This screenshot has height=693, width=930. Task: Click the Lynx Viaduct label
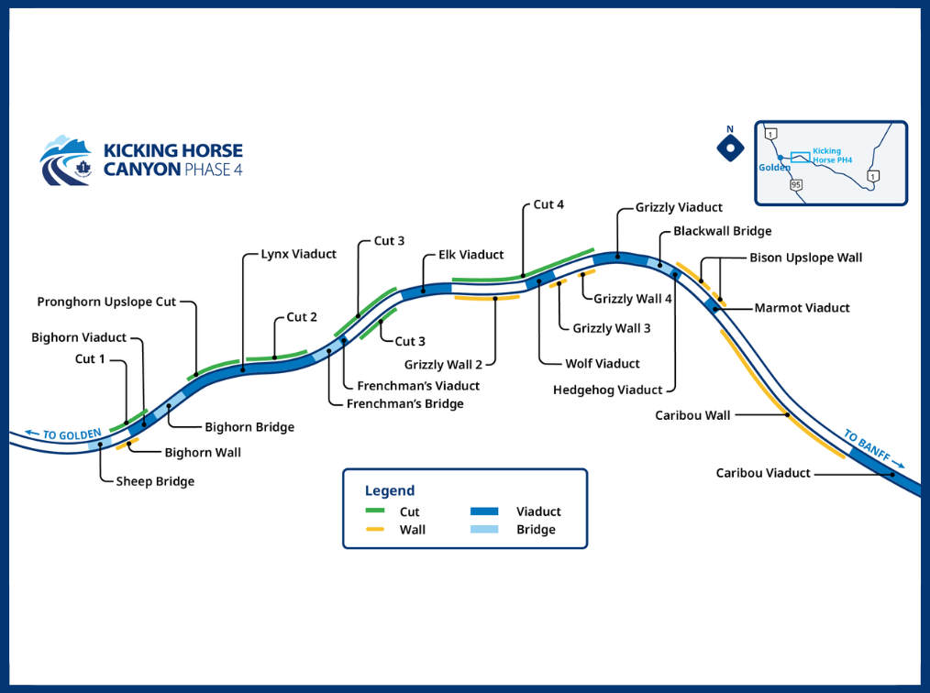click(x=299, y=254)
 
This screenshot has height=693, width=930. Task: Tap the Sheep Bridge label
click(x=155, y=481)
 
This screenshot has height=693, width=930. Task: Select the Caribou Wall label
click(x=692, y=415)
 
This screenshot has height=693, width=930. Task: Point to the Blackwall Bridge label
click(x=722, y=231)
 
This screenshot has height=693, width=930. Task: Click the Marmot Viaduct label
click(x=802, y=308)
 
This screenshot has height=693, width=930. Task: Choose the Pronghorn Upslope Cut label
click(x=106, y=302)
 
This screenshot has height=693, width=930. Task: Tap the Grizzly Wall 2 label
click(x=443, y=365)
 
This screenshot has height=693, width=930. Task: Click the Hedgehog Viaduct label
click(x=607, y=390)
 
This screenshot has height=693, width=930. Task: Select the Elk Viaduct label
click(x=471, y=255)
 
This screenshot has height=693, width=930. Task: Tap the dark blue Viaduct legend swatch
click(x=484, y=511)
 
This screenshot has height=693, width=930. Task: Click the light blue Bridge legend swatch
click(x=484, y=529)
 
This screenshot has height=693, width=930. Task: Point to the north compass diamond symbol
click(x=730, y=147)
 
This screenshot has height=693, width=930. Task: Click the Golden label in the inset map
click(x=774, y=168)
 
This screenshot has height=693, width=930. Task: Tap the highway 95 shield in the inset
click(x=796, y=184)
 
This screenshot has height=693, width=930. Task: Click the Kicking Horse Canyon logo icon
click(x=66, y=161)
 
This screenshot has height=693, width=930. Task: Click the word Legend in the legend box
click(x=390, y=490)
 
